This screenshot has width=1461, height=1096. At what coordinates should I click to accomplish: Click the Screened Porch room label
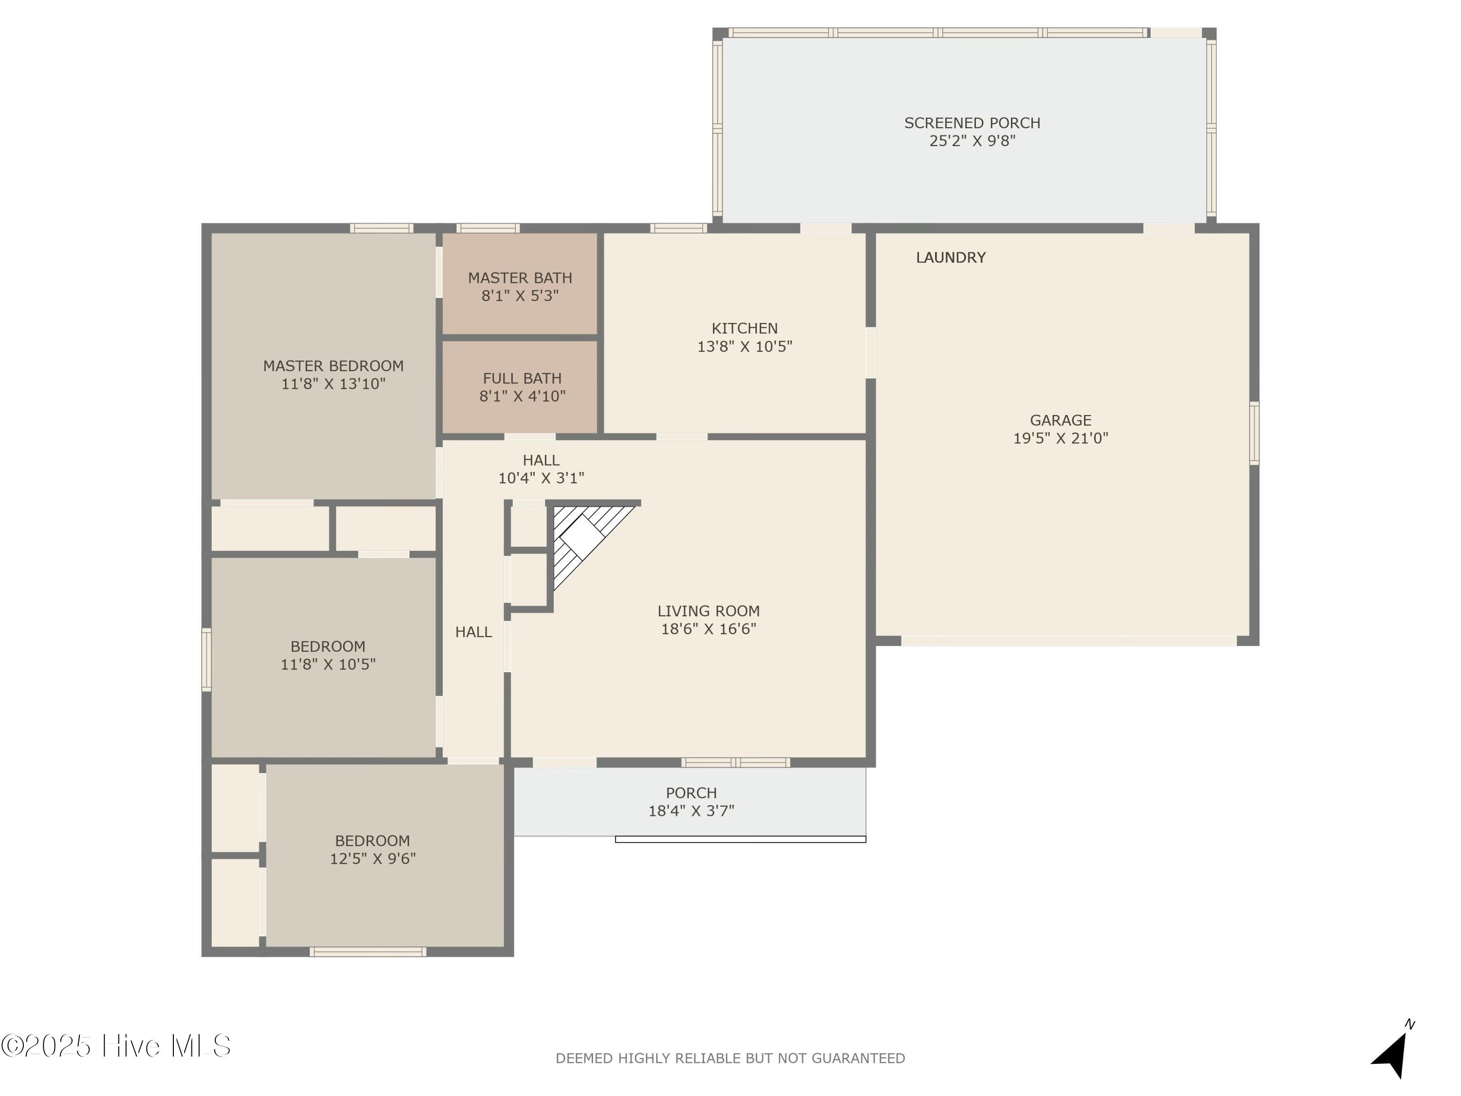pos(972,123)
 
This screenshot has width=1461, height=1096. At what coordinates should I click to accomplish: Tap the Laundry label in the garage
pos(951,258)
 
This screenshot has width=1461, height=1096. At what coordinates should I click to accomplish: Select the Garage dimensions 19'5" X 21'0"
pos(1060,438)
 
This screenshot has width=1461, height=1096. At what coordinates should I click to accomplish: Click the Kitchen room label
pos(744,328)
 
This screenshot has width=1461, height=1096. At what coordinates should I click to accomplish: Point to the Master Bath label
pos(520,278)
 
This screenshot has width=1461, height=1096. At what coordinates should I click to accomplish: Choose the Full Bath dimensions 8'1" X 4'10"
pos(522,397)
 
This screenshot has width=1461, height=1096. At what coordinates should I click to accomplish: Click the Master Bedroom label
pos(333,366)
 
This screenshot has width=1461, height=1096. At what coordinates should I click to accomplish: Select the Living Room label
pos(708,611)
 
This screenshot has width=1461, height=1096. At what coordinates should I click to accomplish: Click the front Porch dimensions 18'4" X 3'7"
pos(691,811)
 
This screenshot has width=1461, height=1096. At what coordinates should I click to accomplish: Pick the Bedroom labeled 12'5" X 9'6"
pos(373,850)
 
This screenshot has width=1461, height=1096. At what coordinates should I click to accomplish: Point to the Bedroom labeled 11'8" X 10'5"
pos(328,655)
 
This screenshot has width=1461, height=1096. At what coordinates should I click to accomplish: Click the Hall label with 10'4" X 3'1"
pos(541,469)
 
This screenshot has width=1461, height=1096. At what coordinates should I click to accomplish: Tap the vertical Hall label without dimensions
pos(473,632)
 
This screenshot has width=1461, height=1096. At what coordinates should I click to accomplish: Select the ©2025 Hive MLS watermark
pos(115,1046)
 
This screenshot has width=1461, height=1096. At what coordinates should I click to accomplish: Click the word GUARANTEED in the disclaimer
pos(858,1058)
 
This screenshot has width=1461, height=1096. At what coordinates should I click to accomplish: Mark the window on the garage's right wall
pos(1254,433)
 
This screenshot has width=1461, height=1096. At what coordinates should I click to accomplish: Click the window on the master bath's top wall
pos(487,228)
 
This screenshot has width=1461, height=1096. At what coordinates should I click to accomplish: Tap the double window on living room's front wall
pos(735,762)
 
